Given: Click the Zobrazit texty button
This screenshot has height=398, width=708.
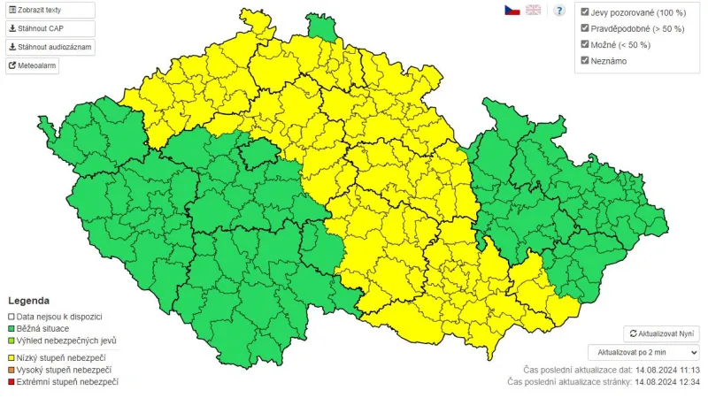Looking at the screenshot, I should [x=50, y=10].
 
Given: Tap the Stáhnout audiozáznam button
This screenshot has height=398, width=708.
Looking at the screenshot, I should [x=50, y=47].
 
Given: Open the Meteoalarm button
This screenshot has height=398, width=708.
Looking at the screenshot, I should [x=33, y=65].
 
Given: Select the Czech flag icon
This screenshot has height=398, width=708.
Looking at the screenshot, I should [x=512, y=10].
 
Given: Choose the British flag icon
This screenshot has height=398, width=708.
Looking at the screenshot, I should [x=534, y=10].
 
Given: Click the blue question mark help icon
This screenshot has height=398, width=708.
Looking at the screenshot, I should [x=559, y=11].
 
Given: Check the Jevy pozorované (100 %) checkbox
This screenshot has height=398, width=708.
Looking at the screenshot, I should [x=585, y=12].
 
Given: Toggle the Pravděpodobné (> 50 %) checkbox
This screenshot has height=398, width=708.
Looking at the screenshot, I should [x=585, y=28].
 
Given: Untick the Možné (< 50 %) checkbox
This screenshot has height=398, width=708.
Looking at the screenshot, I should [x=585, y=44].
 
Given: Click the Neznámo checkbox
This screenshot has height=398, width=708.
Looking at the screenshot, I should [x=585, y=60].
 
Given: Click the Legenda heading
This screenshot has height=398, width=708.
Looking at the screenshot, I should [x=29, y=301].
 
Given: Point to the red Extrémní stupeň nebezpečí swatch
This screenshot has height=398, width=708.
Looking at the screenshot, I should [x=12, y=382].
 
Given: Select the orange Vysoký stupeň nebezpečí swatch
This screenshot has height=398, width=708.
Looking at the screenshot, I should [x=12, y=370].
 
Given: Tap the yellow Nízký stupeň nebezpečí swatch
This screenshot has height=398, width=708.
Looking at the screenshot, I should [x=12, y=357].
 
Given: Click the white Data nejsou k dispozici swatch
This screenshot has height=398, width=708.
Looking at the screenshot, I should [x=12, y=316].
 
